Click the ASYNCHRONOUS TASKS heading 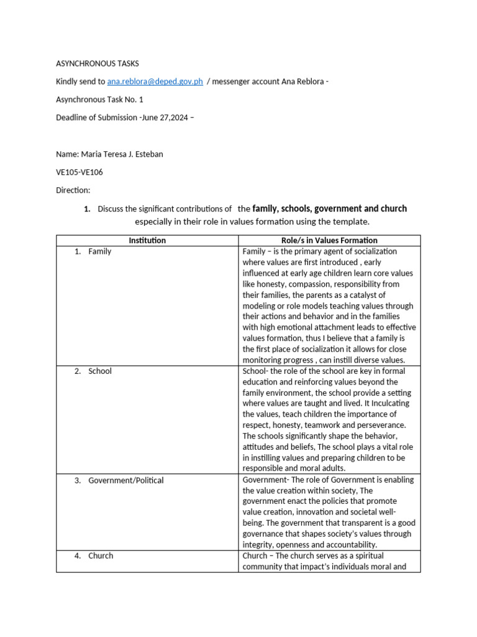(98, 63)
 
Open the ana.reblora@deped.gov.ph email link (155, 81)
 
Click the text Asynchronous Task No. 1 (99, 100)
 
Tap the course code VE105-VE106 (83, 172)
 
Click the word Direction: (73, 190)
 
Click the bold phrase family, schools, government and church (329, 208)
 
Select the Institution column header (147, 240)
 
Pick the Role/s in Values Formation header (330, 240)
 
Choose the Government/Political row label (126, 480)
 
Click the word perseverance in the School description (378, 425)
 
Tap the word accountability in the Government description (350, 545)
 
